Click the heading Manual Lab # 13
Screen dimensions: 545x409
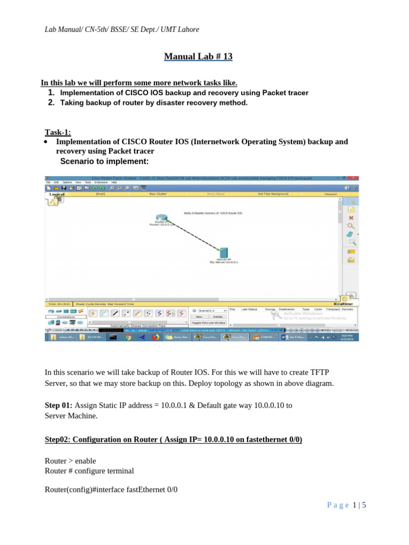point(198,56)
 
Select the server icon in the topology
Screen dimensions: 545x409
point(224,252)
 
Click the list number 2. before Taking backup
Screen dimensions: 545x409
point(52,103)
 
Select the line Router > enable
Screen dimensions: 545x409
point(70,460)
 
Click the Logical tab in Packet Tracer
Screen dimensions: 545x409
point(57,195)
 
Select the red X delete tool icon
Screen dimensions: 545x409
point(351,218)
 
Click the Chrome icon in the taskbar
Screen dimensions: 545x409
point(128,337)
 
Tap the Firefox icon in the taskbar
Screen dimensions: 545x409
point(156,337)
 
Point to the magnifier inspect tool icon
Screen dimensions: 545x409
point(351,226)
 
